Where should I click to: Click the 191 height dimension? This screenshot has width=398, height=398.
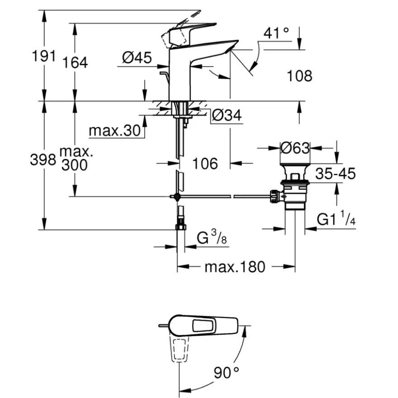pyautogui.click(x=44, y=56)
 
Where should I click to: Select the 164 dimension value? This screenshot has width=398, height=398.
pyautogui.click(x=75, y=62)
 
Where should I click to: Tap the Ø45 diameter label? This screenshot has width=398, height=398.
pyautogui.click(x=137, y=57)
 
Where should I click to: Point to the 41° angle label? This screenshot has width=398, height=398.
pyautogui.click(x=276, y=33)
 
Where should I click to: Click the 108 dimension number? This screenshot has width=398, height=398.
pyautogui.click(x=299, y=76)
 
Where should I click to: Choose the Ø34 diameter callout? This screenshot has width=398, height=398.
pyautogui.click(x=227, y=115)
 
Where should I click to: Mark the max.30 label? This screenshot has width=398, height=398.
pyautogui.click(x=115, y=131)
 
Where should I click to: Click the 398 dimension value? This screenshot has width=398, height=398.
pyautogui.click(x=43, y=160)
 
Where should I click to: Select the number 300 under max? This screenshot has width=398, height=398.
pyautogui.click(x=75, y=165)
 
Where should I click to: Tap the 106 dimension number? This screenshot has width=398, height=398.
pyautogui.click(x=205, y=164)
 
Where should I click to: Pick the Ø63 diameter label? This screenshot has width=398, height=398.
pyautogui.click(x=295, y=148)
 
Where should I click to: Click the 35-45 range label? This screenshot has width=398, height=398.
pyautogui.click(x=336, y=174)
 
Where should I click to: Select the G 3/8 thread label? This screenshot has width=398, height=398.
pyautogui.click(x=212, y=237)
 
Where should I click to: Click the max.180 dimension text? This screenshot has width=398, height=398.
pyautogui.click(x=235, y=267)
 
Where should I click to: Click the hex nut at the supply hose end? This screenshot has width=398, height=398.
pyautogui.click(x=180, y=227)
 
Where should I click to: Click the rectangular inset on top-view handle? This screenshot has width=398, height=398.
pyautogui.click(x=203, y=326)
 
